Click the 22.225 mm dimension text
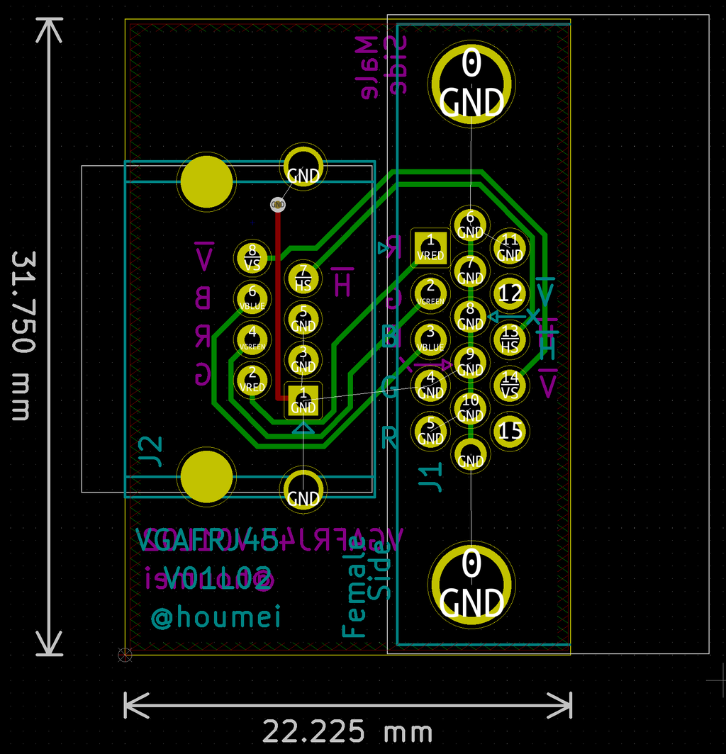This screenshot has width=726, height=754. (347, 731)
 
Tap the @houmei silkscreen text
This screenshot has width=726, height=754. (216, 616)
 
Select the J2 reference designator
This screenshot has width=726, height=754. (150, 454)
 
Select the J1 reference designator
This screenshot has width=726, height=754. (431, 476)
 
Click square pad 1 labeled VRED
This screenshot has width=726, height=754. (430, 247)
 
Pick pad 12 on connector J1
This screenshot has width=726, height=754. (510, 293)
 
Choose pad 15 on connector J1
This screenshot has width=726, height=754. (510, 430)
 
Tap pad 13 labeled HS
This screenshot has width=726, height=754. (510, 339)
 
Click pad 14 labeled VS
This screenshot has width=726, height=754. (510, 384)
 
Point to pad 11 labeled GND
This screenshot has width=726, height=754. (510, 247)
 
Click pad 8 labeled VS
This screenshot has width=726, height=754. (252, 257)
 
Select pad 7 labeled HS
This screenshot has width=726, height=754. (303, 278)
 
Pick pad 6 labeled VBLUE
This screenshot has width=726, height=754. (252, 298)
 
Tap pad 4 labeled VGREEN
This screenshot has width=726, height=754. (252, 339)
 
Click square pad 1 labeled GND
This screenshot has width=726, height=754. (303, 400)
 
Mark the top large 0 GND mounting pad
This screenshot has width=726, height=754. (471, 84)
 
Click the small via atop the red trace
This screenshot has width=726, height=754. (277, 204)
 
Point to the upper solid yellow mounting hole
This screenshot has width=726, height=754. (206, 182)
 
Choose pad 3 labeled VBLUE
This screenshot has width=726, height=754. (430, 339)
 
